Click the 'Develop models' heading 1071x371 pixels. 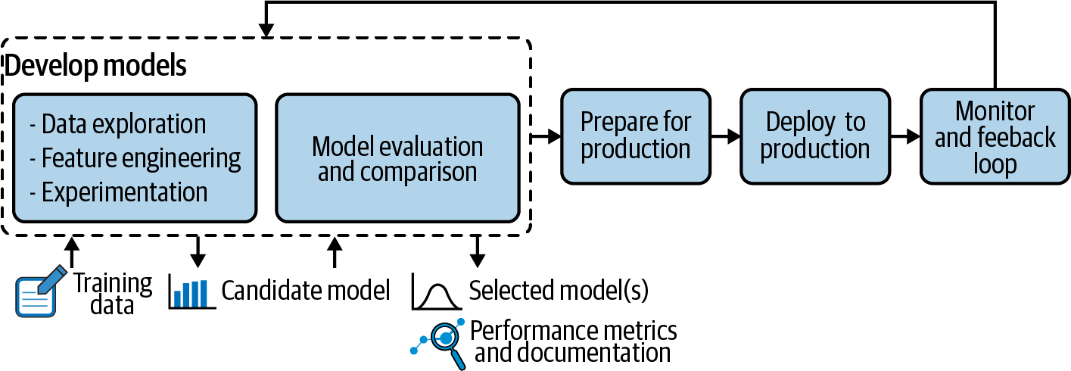95,66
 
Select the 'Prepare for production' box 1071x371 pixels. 635,136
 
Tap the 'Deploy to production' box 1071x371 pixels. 814,136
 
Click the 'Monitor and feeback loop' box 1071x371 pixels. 995,136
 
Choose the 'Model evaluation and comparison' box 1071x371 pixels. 397,158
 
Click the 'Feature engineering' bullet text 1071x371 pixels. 134,158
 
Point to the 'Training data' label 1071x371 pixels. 112,294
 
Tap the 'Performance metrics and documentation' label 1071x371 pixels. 573,341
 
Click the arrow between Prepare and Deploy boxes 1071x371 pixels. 726,137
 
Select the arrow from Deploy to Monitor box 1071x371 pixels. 905,137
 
